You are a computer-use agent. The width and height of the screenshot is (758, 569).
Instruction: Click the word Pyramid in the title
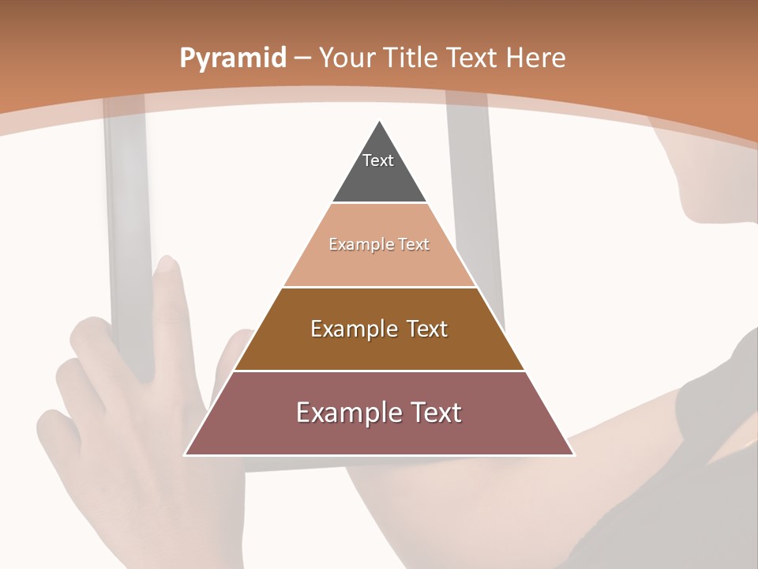(x=232, y=58)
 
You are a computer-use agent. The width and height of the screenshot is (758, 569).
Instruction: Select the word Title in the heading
(x=411, y=58)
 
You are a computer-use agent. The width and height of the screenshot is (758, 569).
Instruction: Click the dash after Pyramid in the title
(x=302, y=58)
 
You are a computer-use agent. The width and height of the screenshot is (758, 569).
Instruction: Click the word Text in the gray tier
(x=378, y=160)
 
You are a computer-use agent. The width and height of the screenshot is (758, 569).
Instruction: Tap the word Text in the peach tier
(x=414, y=245)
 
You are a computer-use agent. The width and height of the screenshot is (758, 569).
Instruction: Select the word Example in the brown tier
(x=353, y=329)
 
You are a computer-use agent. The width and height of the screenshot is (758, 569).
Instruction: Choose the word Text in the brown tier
(x=427, y=329)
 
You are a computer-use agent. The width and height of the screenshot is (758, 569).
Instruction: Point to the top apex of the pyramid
(x=380, y=122)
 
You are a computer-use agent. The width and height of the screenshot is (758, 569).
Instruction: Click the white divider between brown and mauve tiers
(x=379, y=371)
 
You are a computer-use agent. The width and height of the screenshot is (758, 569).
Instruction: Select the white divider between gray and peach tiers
(x=379, y=202)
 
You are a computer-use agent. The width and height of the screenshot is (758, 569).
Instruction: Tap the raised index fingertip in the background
(x=167, y=265)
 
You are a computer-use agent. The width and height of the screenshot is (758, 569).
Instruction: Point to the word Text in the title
(x=471, y=58)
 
